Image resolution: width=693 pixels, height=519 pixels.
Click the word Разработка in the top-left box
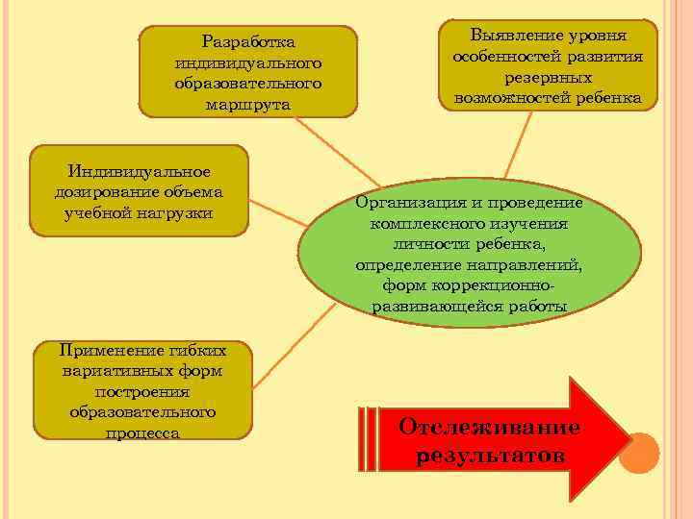point(247,42)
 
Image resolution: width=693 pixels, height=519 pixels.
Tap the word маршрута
point(247,103)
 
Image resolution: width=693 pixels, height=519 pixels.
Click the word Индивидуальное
point(140,171)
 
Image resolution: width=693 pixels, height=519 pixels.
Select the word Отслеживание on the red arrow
point(489,427)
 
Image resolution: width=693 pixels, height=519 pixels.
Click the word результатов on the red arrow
point(491,454)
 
